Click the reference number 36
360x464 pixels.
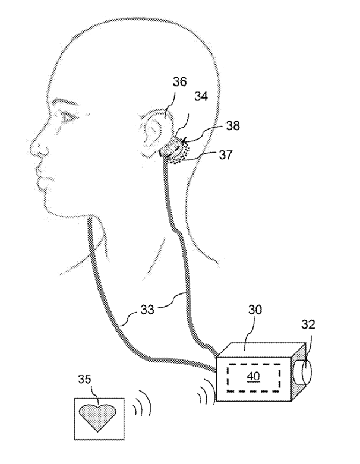pyautogui.click(x=180, y=81)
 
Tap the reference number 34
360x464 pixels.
pyautogui.click(x=201, y=96)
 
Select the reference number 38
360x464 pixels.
pyautogui.click(x=233, y=126)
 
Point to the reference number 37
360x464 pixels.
pyautogui.click(x=226, y=154)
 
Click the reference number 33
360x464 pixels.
pyautogui.click(x=147, y=310)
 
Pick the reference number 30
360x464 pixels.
pyautogui.click(x=255, y=310)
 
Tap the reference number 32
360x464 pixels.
pyautogui.click(x=308, y=324)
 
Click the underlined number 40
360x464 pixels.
pyautogui.click(x=253, y=376)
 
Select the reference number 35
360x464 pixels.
pyautogui.click(x=85, y=379)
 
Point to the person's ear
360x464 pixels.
pyautogui.click(x=155, y=132)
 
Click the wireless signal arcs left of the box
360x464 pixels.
pyautogui.click(x=206, y=390)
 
